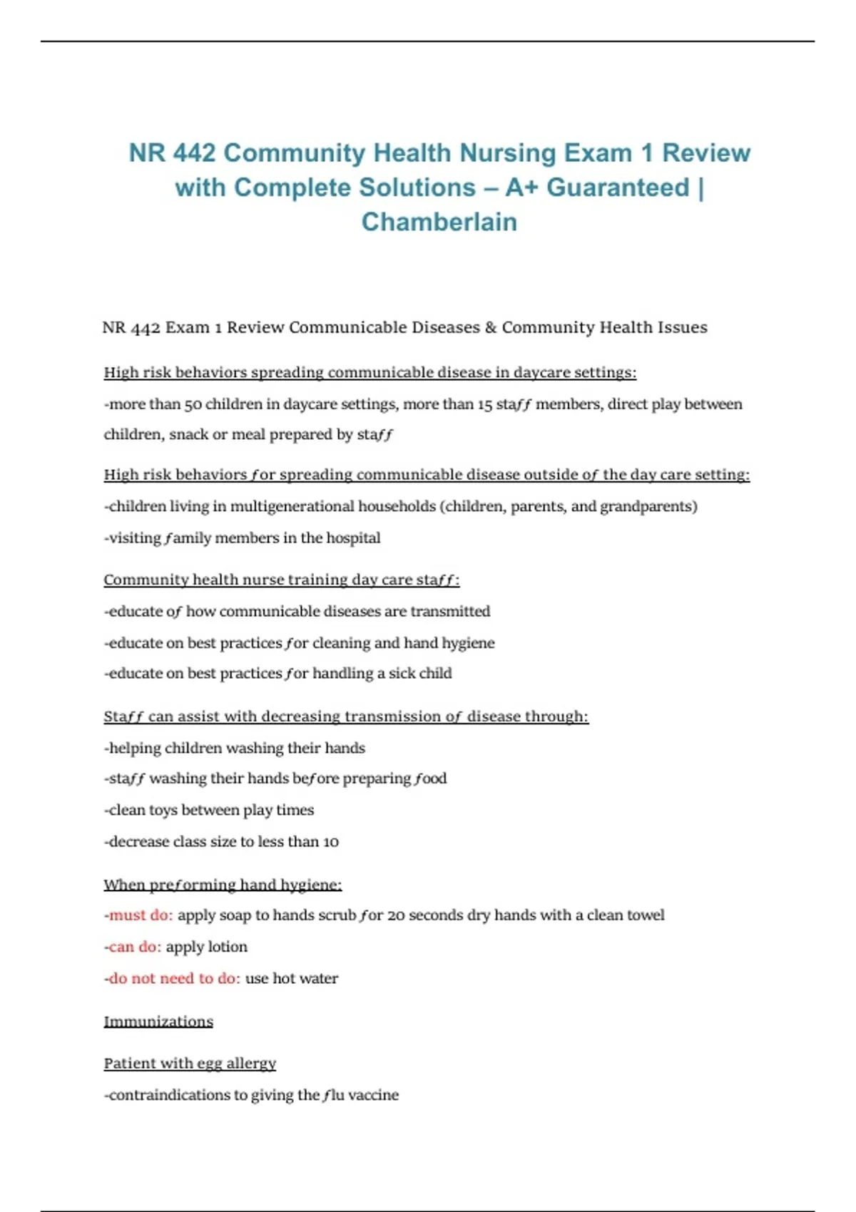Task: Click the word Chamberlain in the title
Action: [x=439, y=222]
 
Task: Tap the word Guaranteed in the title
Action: [x=618, y=188]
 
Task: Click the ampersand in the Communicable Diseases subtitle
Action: [x=491, y=327]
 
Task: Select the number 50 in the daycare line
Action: [x=193, y=404]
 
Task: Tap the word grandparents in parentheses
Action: [x=646, y=506]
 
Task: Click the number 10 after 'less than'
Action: [x=331, y=841]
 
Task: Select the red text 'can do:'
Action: [x=135, y=947]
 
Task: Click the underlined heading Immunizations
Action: [x=158, y=1022]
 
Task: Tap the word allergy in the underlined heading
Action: [x=251, y=1063]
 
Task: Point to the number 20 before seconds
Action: [x=395, y=915]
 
